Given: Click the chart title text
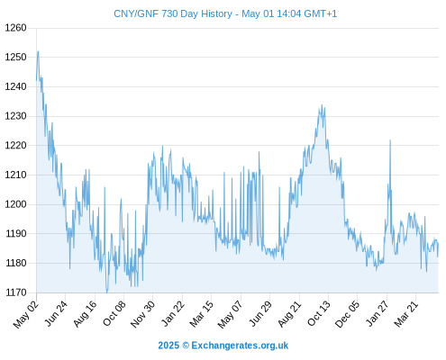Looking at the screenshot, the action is [x=225, y=13].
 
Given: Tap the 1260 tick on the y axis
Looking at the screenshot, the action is [x=15, y=28].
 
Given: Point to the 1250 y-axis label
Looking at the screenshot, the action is [x=15, y=57].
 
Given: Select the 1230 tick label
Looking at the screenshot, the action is [x=15, y=116].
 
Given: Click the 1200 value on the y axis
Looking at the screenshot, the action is [x=15, y=204].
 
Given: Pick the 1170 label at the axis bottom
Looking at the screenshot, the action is [x=15, y=292].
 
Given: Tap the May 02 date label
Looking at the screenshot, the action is [x=26, y=314].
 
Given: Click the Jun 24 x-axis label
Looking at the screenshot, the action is [x=56, y=313].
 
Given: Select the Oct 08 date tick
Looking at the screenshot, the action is [x=114, y=313].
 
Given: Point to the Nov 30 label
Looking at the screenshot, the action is [x=143, y=314].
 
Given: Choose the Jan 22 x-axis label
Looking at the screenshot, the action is [x=173, y=313].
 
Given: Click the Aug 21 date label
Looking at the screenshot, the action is [x=289, y=313].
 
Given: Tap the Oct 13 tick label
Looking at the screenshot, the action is [x=319, y=313].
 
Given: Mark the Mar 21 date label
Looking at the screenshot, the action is [x=406, y=313].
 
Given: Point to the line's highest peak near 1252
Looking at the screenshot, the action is [x=38, y=51].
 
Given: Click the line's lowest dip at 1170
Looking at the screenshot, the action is [x=106, y=292].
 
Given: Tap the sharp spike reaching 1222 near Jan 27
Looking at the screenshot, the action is [x=390, y=140].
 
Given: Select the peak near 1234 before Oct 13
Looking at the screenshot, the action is [x=322, y=105].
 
